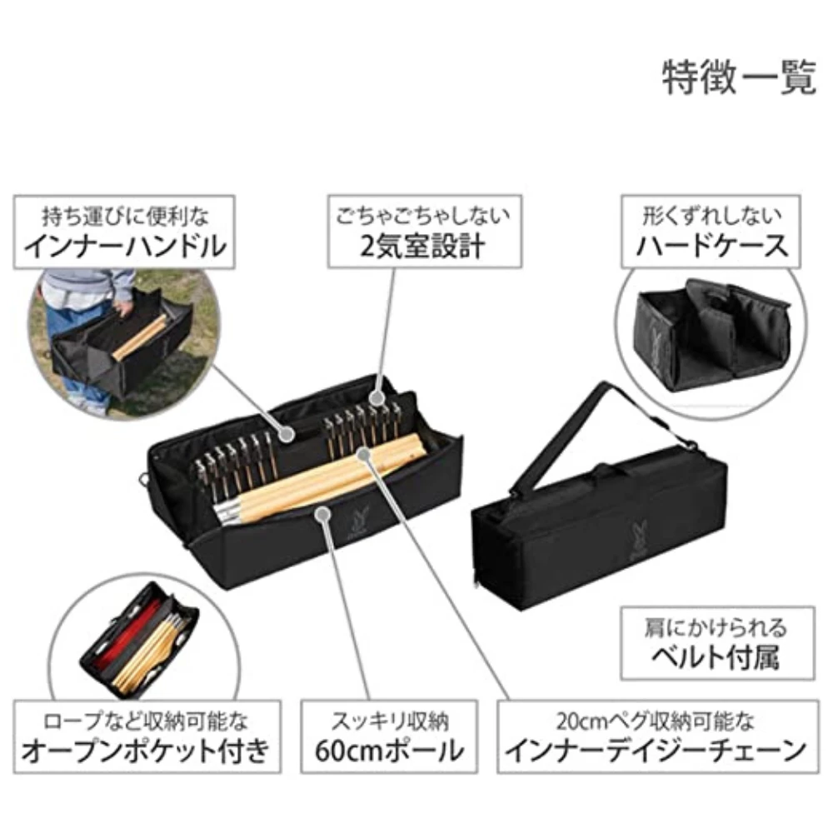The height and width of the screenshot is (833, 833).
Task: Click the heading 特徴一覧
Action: (738, 79)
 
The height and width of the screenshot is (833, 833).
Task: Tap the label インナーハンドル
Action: (125, 247)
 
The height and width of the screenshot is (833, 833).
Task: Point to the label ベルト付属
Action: (715, 658)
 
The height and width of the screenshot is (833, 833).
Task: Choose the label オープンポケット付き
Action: (145, 751)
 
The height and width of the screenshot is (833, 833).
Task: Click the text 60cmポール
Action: (389, 751)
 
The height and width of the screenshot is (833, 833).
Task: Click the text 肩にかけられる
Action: (715, 626)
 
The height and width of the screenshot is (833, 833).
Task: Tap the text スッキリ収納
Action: (389, 720)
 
